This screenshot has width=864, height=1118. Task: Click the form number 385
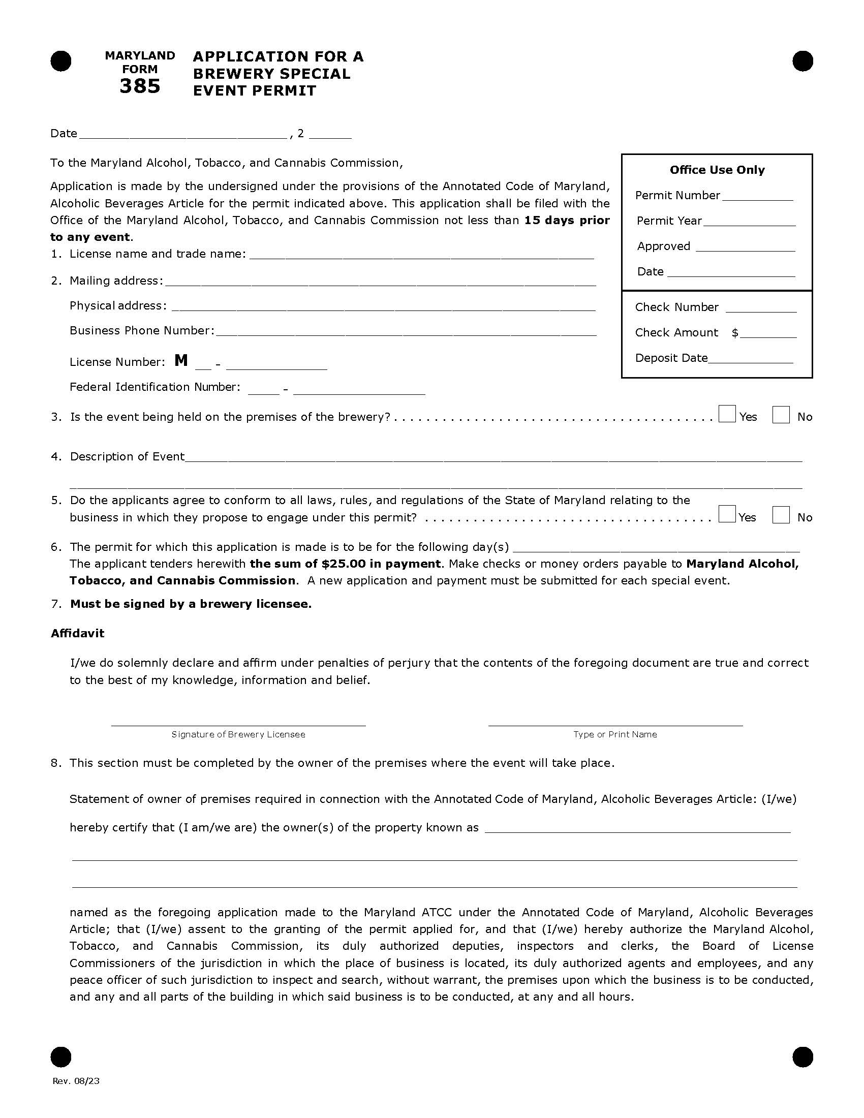(x=140, y=86)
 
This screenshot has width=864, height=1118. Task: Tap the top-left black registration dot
(x=61, y=61)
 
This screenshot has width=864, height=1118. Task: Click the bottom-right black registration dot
(x=802, y=1057)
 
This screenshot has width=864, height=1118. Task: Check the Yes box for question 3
(x=727, y=414)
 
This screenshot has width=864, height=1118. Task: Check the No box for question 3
(x=781, y=415)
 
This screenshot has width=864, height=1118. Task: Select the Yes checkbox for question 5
(x=727, y=514)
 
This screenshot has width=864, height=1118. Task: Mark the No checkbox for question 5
(x=781, y=514)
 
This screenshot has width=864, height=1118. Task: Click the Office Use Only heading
(x=717, y=170)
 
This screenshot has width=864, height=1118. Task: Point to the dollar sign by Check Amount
(x=735, y=333)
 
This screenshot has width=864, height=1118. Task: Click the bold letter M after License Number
(x=181, y=361)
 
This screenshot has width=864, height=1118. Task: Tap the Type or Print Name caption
(x=615, y=735)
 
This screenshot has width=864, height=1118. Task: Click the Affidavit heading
(x=77, y=633)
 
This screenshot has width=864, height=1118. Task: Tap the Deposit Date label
(x=671, y=358)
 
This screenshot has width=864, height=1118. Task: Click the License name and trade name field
(x=421, y=255)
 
